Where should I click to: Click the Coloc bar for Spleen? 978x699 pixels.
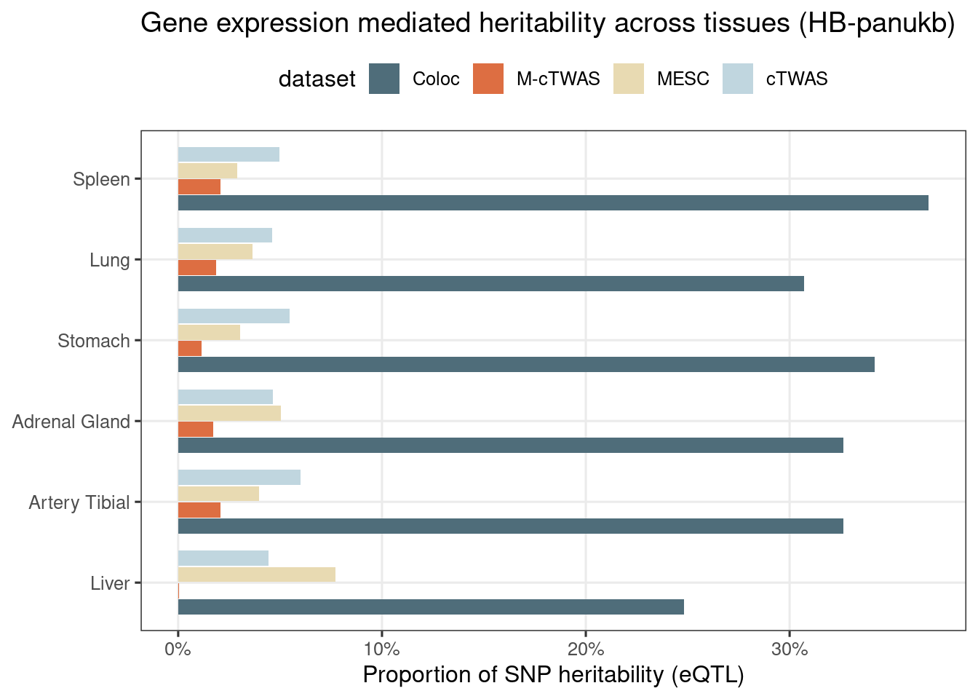[553, 202]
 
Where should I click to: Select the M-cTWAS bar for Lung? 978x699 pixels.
[197, 268]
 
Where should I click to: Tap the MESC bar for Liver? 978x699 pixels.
[257, 574]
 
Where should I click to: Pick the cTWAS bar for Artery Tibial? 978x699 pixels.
[239, 478]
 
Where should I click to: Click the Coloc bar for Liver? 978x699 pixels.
[431, 607]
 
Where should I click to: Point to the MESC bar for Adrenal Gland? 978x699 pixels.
[229, 413]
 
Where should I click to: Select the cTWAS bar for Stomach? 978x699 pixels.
[234, 316]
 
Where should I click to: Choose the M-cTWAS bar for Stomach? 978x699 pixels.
[190, 349]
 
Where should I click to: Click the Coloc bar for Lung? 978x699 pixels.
[491, 283]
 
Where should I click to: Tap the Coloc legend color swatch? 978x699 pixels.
[384, 79]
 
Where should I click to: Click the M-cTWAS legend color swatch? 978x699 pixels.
[488, 79]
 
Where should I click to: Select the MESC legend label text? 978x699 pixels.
[683, 79]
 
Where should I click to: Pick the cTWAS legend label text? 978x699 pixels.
[797, 79]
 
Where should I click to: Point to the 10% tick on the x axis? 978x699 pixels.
[382, 633]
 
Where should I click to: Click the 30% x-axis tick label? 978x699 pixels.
[790, 649]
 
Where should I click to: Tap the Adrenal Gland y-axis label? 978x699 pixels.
[71, 422]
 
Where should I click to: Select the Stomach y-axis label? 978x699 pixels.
[94, 341]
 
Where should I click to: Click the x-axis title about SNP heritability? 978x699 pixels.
[553, 674]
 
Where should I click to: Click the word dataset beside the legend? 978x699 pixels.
[317, 79]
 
